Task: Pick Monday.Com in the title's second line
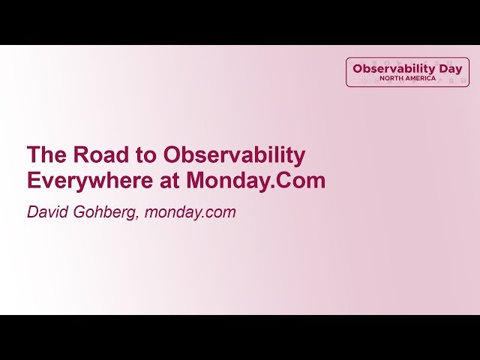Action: (x=256, y=181)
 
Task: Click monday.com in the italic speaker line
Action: (x=190, y=212)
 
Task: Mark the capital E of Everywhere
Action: (x=34, y=181)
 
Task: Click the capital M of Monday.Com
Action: (x=196, y=181)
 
